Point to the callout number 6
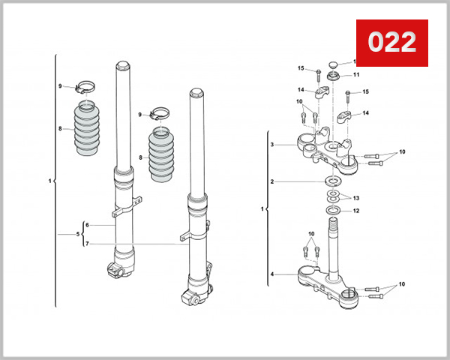click(x=88, y=225)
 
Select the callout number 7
click(x=88, y=244)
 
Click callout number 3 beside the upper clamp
click(x=273, y=144)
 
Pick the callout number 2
click(x=273, y=181)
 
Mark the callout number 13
click(x=357, y=198)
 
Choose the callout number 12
click(x=357, y=211)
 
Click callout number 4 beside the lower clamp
click(x=273, y=274)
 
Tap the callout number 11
click(x=357, y=75)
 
